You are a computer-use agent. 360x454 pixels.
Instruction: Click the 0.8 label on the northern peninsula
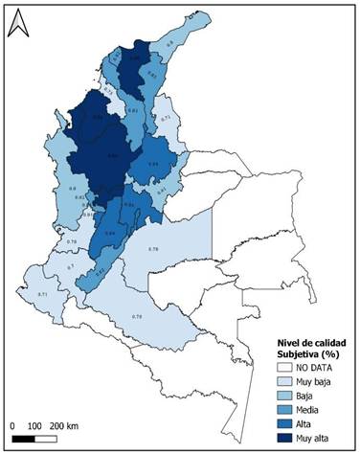(x=170, y=43)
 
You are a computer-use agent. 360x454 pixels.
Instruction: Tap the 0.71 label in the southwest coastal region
(x=41, y=294)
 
